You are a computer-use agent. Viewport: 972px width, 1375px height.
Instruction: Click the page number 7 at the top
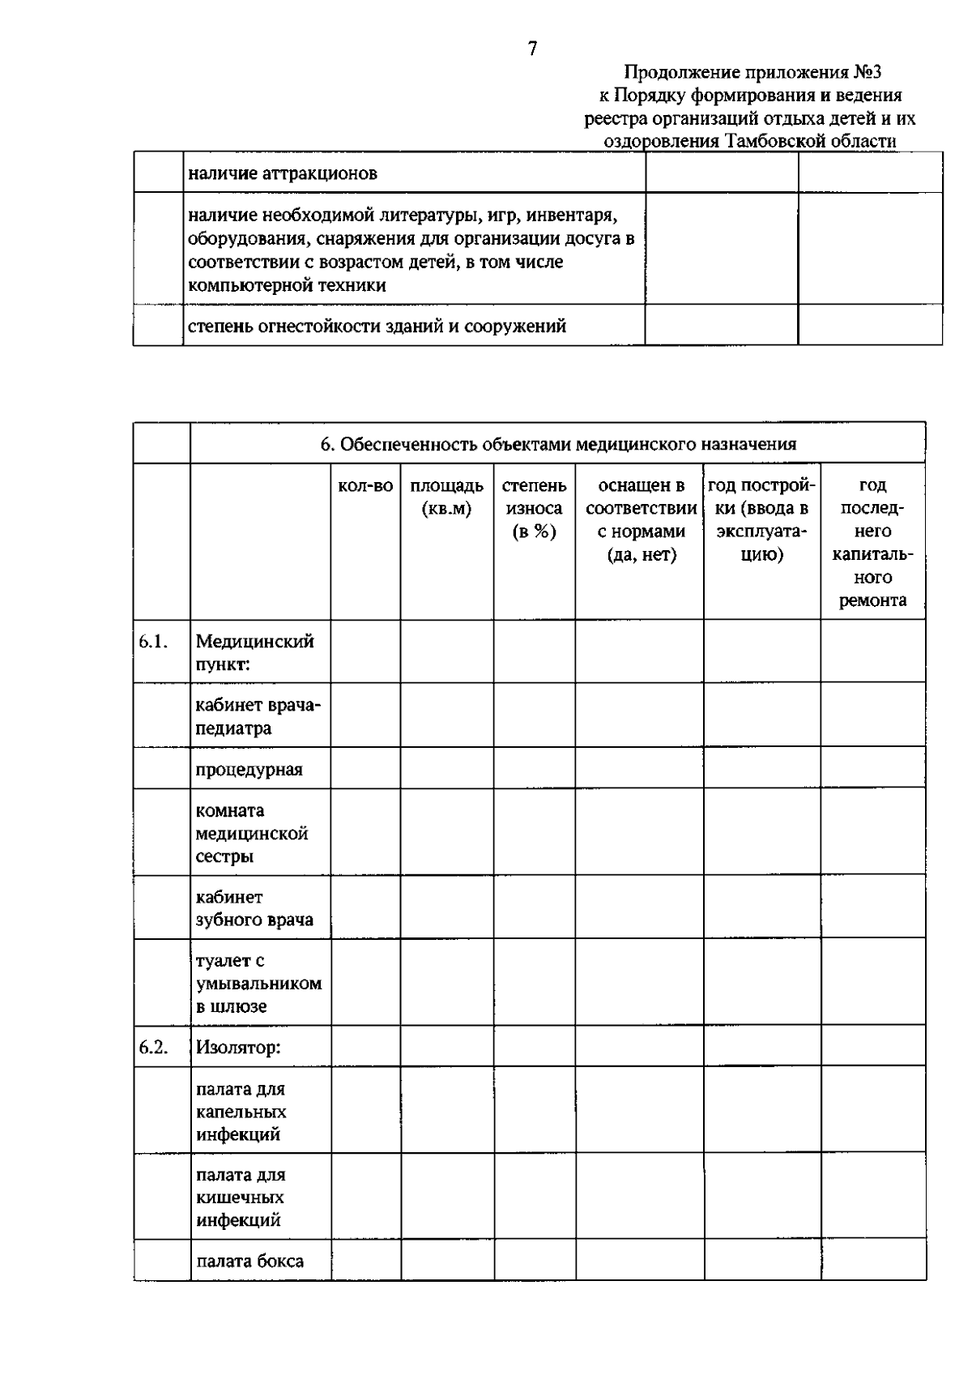coord(532,49)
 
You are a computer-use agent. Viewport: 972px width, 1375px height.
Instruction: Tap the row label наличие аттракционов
coord(283,173)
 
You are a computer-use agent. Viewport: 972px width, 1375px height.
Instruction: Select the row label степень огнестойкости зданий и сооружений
coord(377,327)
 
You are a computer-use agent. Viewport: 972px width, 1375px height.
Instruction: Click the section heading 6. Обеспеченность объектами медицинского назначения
coord(558,444)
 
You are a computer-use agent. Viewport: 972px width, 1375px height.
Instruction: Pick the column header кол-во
coord(365,486)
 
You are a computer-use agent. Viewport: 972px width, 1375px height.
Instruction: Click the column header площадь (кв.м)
coord(446,497)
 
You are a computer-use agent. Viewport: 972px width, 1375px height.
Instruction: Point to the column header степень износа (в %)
coord(534,509)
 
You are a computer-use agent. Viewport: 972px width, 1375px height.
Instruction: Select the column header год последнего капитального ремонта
coord(872,543)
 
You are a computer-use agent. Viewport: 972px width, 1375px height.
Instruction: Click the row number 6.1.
coord(152,642)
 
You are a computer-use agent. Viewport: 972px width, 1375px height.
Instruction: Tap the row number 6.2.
coord(152,1047)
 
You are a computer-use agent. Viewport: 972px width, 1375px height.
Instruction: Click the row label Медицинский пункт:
coord(254,652)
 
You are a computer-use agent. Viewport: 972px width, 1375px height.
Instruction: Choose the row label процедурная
coord(249,769)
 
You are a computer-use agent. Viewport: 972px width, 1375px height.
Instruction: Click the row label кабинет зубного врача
coord(254,908)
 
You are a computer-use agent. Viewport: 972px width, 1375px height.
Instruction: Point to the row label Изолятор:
coord(237,1047)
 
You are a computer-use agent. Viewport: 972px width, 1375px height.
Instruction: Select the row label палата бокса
coord(249,1261)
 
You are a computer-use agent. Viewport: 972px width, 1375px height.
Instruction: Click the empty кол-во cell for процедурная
coord(365,768)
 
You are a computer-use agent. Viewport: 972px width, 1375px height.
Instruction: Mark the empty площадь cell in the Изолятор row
coord(447,1046)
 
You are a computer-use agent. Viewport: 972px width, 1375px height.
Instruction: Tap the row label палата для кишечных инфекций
coord(241,1197)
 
